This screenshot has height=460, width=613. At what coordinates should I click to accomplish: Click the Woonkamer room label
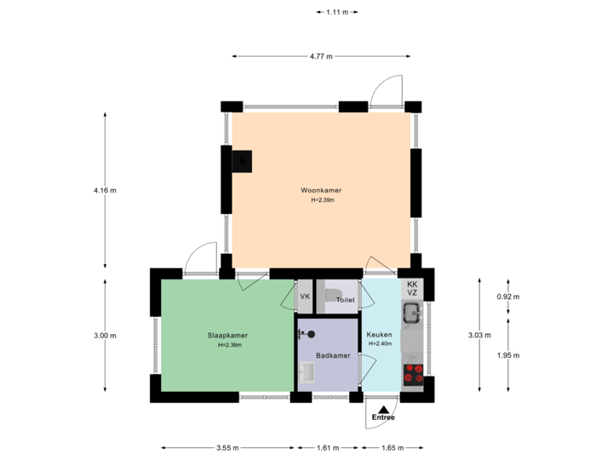321,190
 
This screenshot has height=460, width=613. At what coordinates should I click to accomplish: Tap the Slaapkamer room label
226,336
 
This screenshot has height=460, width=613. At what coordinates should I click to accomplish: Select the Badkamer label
329,355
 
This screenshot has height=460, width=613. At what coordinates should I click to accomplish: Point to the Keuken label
379,336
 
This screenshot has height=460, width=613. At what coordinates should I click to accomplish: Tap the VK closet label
304,296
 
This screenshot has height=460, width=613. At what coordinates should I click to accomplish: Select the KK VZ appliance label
412,288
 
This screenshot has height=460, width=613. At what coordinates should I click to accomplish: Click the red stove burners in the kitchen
414,373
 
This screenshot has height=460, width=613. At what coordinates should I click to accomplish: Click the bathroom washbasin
307,372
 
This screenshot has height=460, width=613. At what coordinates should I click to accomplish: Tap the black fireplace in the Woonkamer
243,159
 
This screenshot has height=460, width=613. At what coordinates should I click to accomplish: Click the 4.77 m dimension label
321,56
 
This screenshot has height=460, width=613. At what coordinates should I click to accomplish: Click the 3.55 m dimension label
227,447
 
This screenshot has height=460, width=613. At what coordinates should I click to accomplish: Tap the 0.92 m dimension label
508,296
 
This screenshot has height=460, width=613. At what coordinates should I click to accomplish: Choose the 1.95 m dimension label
508,355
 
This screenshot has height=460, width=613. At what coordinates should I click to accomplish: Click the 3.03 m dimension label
479,336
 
